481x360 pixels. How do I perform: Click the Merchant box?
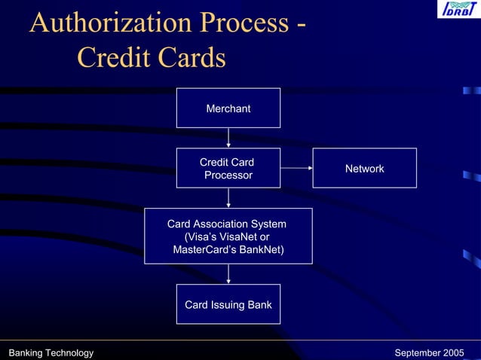pyautogui.click(x=228, y=108)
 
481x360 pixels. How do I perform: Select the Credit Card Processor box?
pyautogui.click(x=228, y=168)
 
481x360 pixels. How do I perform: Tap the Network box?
pyautogui.click(x=364, y=168)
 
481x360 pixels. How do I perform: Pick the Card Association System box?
pyautogui.click(x=228, y=236)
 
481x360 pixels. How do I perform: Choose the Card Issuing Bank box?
pyautogui.click(x=228, y=304)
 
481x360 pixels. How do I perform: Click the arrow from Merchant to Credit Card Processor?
pyautogui.click(x=228, y=138)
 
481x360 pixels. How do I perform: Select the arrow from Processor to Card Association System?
pyautogui.click(x=228, y=197)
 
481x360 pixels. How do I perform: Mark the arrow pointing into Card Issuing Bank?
pyautogui.click(x=228, y=274)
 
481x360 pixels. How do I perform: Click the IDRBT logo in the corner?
pyautogui.click(x=457, y=11)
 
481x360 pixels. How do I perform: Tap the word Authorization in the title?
pyautogui.click(x=111, y=23)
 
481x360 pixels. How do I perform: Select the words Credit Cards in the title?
pyautogui.click(x=151, y=58)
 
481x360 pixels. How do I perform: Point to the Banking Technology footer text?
pyautogui.click(x=51, y=353)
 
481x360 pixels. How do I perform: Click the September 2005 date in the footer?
pyautogui.click(x=429, y=353)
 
